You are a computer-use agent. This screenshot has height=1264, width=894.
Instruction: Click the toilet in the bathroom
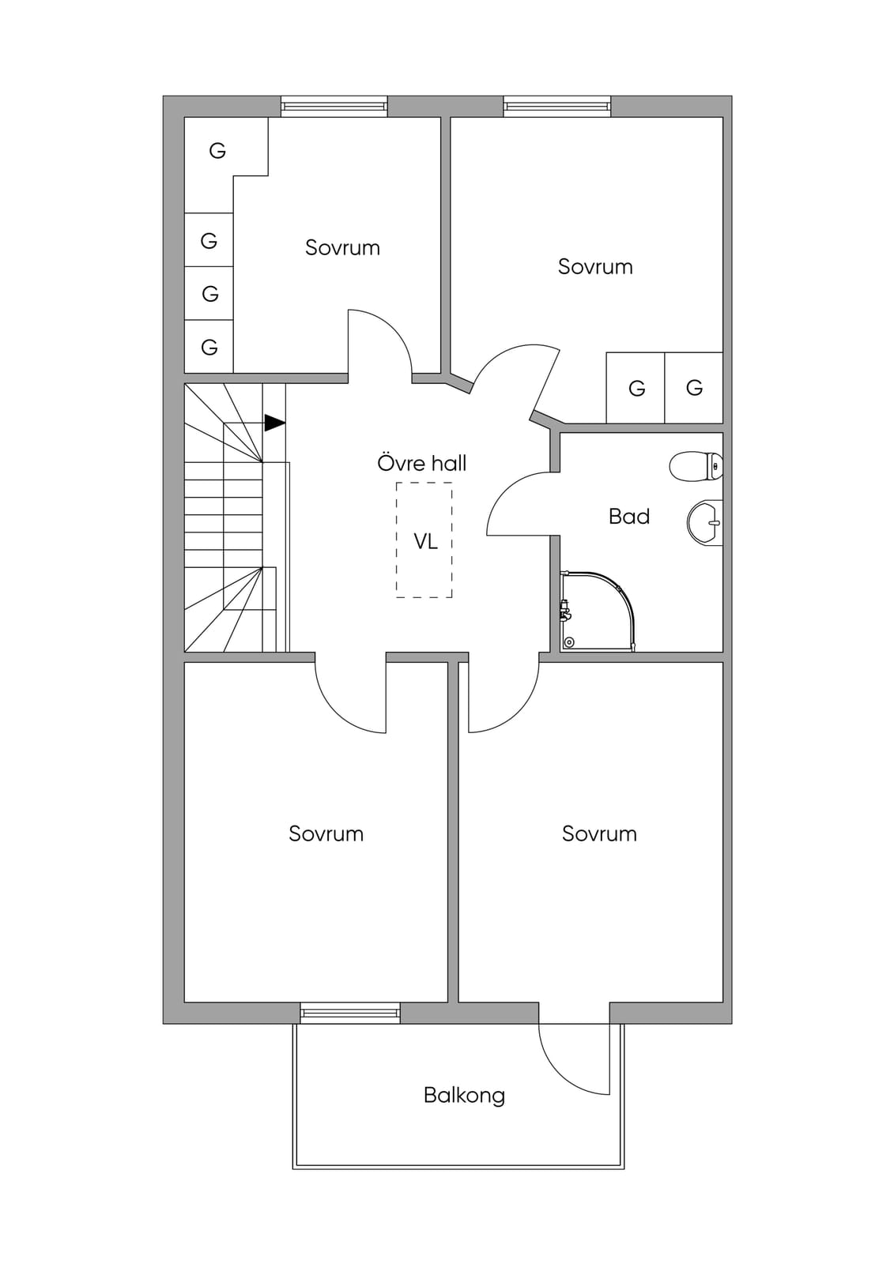point(696,465)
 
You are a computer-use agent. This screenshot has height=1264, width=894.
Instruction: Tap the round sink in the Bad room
point(705,522)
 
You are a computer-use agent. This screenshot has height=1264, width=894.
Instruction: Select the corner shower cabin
point(598,611)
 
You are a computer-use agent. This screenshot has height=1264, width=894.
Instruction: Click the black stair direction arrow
point(274,423)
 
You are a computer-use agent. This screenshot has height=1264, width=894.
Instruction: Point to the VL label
point(425,541)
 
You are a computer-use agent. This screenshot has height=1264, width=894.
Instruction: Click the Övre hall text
point(422,463)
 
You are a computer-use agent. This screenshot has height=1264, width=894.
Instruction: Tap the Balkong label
point(464,1095)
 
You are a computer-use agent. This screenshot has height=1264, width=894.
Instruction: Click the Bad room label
point(629,517)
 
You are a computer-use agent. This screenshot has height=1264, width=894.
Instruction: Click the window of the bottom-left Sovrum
point(350,1013)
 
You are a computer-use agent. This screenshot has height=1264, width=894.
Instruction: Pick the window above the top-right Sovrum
point(556,106)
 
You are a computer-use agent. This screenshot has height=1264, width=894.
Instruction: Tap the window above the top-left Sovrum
point(334,106)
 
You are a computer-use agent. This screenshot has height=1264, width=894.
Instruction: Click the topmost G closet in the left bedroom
point(217,151)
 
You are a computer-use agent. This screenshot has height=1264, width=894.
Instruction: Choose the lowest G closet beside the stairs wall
point(209,347)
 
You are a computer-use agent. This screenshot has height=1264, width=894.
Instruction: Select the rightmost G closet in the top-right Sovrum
point(694,388)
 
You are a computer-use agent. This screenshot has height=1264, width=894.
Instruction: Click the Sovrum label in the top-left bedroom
point(342,248)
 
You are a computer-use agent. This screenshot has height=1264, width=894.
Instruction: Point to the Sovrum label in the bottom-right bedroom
point(599,833)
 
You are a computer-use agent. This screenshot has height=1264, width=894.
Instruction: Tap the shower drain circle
point(568,641)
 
